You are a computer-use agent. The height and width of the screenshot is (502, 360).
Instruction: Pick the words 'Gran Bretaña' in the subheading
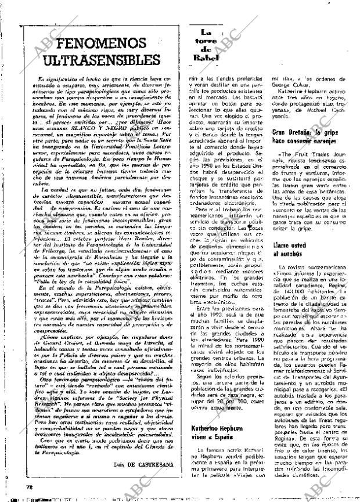point(291,133)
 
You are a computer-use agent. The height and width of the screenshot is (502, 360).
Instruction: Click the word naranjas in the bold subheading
point(318,141)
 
